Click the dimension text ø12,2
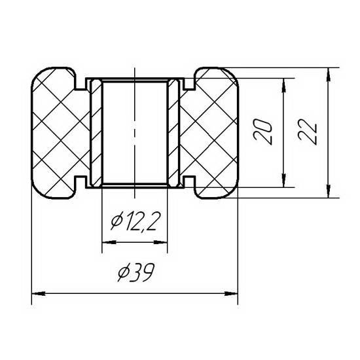click(135, 221)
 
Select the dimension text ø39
click(135, 272)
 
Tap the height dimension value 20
click(262, 132)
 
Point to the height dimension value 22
click(308, 133)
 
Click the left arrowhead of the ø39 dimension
click(39, 293)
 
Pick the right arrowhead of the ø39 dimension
click(231, 293)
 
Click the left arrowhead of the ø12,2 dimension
click(109, 242)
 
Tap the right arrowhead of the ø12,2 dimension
click(160, 242)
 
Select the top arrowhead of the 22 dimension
click(329, 75)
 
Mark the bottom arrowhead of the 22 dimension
click(329, 190)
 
